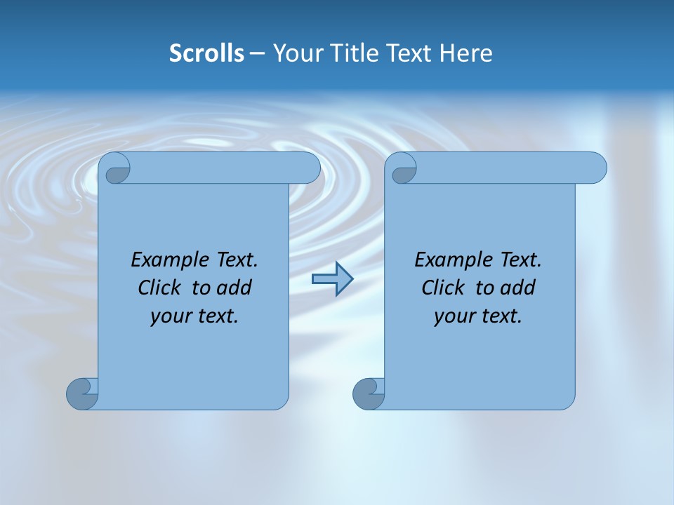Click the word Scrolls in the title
coord(206,53)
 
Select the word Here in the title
coord(466,53)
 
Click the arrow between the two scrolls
coord(332,279)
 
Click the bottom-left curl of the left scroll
coord(81,393)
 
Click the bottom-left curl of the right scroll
coord(368,393)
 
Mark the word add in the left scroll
coord(235,288)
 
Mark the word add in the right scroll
coord(519,288)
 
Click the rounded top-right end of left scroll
coord(308,168)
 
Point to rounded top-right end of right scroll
coord(595,168)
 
